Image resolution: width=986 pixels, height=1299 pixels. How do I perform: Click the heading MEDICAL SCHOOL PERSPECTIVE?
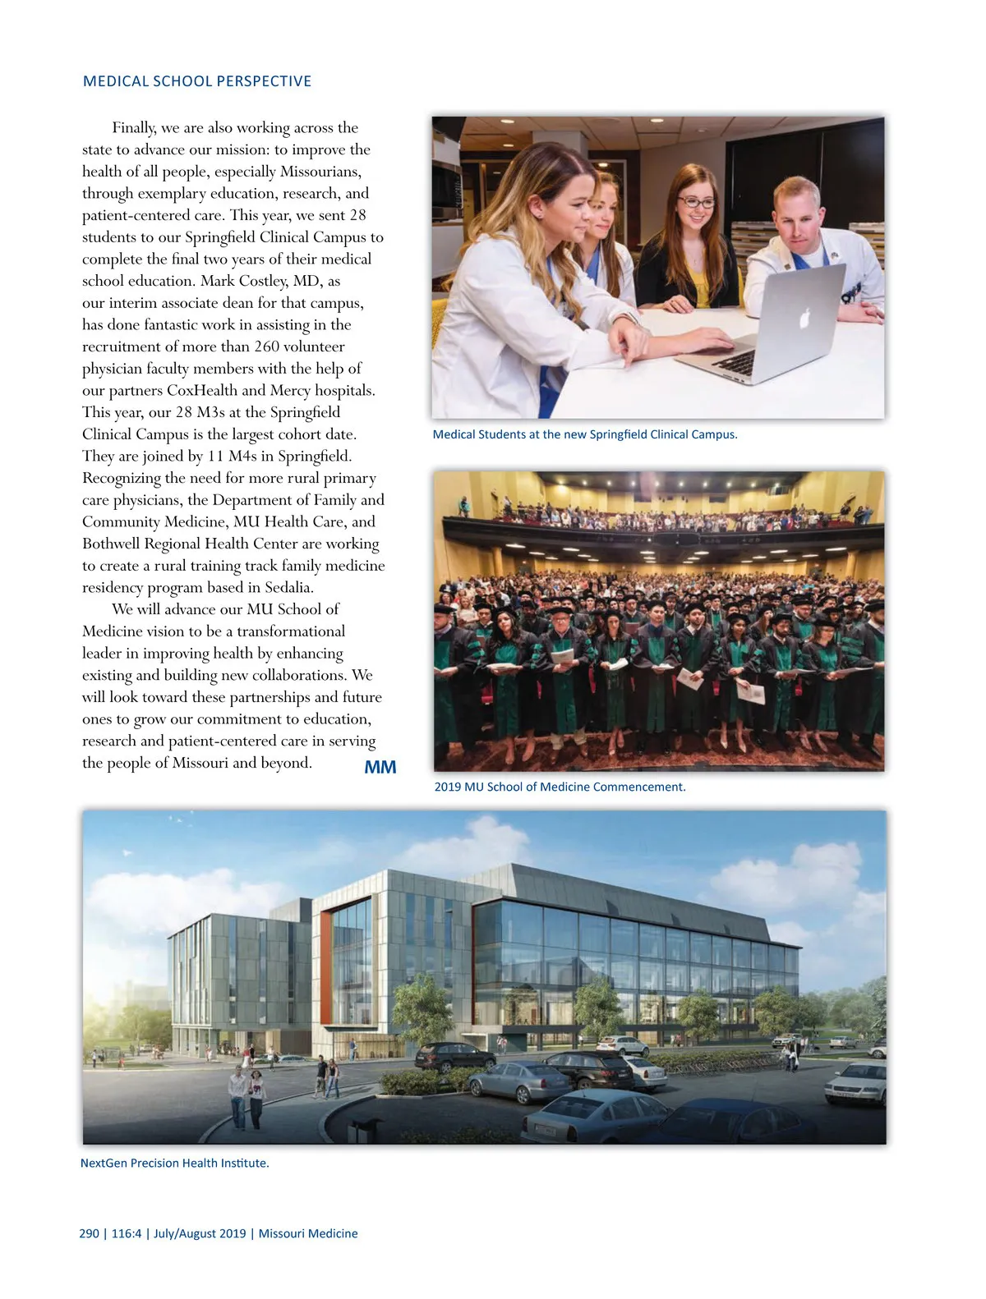tap(197, 81)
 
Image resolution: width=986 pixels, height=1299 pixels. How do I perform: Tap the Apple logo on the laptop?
tap(805, 317)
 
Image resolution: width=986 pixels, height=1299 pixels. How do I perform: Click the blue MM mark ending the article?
tap(380, 767)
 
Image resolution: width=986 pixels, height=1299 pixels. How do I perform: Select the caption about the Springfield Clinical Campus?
tap(585, 434)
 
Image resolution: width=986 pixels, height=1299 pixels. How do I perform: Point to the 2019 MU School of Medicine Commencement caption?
tap(560, 787)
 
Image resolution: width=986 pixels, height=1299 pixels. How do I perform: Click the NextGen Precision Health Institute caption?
tap(175, 1163)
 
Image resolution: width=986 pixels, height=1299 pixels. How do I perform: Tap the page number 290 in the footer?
tap(90, 1233)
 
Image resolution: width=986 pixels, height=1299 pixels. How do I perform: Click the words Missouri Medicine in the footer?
tap(308, 1233)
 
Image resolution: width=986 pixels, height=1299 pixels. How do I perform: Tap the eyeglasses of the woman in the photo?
tap(696, 203)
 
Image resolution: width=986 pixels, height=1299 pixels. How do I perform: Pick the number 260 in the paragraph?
tap(266, 347)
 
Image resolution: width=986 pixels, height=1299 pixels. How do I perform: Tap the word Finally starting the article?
tap(134, 127)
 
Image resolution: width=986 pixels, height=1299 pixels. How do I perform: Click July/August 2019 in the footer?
tap(200, 1233)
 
